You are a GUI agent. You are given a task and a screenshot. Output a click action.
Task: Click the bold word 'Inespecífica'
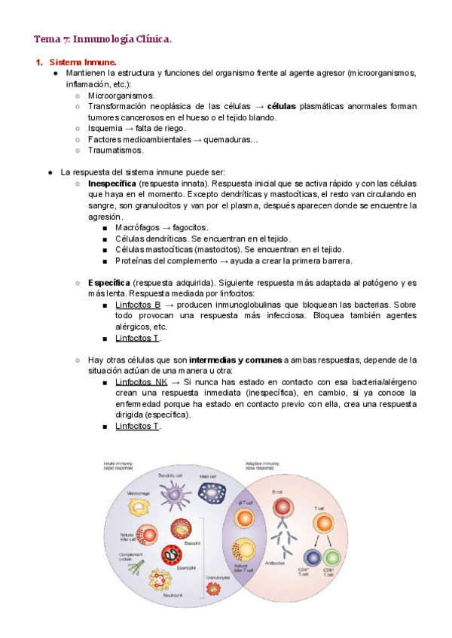(x=111, y=183)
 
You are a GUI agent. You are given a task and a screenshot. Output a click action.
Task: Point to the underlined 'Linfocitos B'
(x=138, y=305)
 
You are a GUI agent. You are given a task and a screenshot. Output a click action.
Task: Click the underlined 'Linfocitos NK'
(x=142, y=382)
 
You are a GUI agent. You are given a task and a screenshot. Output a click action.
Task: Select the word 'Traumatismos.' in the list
(x=115, y=150)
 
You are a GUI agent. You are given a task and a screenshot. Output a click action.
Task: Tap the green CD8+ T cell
(x=331, y=558)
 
